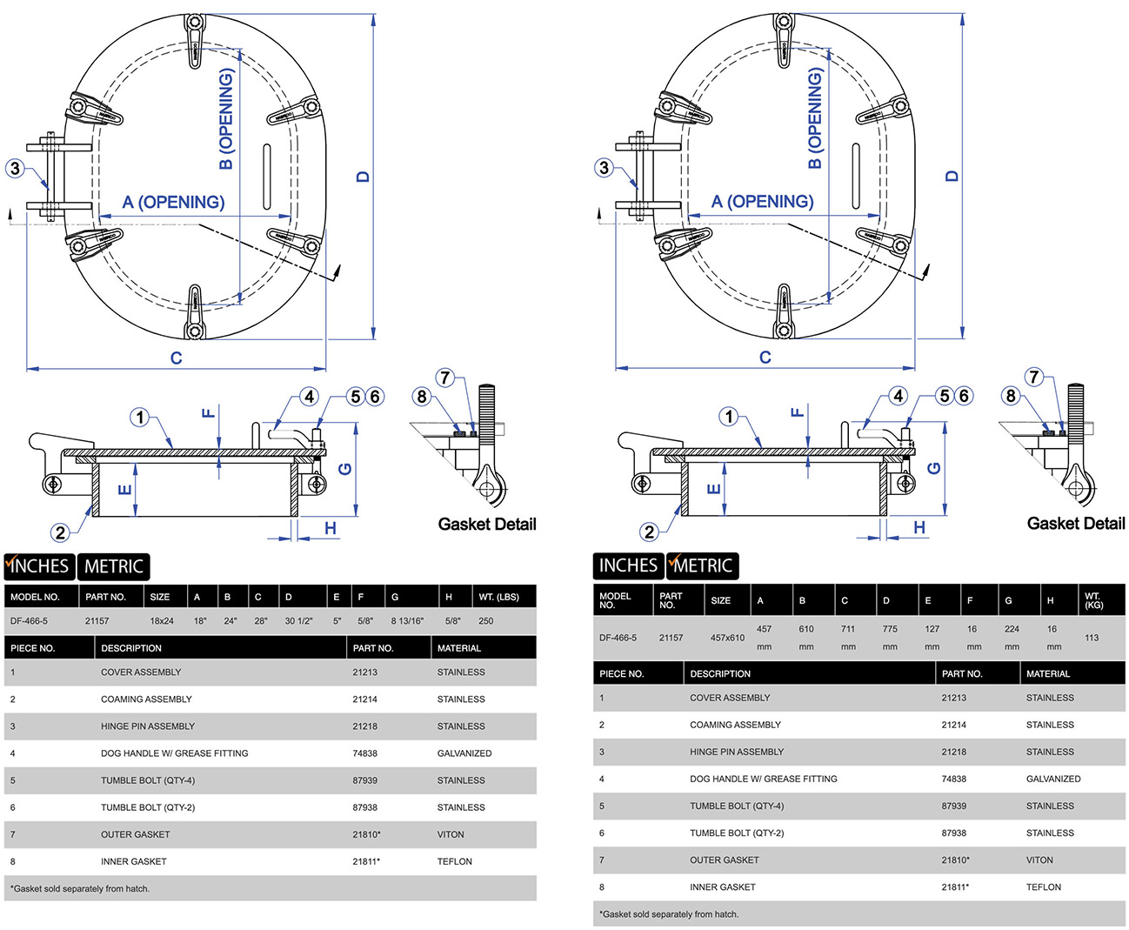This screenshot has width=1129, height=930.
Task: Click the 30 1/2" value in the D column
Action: pyautogui.click(x=298, y=621)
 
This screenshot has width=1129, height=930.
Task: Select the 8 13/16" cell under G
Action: pyautogui.click(x=407, y=621)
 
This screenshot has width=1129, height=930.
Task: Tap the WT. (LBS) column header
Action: pyautogui.click(x=498, y=597)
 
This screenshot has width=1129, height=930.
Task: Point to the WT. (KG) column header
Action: pyautogui.click(x=1093, y=600)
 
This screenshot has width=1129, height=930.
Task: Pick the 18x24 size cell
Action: pyautogui.click(x=162, y=621)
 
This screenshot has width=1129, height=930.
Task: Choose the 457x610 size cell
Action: pyautogui.click(x=727, y=638)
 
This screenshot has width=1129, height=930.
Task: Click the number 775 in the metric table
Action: pyautogui.click(x=890, y=629)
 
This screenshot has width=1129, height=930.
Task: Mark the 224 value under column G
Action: pyautogui.click(x=1012, y=629)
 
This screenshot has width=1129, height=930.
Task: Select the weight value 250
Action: pyautogui.click(x=485, y=621)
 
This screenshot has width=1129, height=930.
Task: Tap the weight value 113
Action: pyautogui.click(x=1092, y=638)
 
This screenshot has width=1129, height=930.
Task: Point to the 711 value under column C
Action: pyautogui.click(x=848, y=629)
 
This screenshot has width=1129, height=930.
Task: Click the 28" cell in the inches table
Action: pyautogui.click(x=261, y=621)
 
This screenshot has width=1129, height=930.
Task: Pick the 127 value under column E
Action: pyautogui.click(x=932, y=629)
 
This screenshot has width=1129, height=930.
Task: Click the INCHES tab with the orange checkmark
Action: pyautogui.click(x=39, y=566)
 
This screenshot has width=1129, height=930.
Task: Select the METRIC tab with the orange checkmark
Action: pyautogui.click(x=703, y=565)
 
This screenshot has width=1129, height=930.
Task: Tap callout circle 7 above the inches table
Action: pyautogui.click(x=445, y=378)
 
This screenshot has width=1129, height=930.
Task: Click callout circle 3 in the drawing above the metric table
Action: pyautogui.click(x=605, y=168)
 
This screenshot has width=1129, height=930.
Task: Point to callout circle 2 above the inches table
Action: pyautogui.click(x=60, y=532)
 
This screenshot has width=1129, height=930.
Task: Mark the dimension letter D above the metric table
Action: pyautogui.click(x=952, y=176)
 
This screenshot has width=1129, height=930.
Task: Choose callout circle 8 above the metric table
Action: pyautogui.click(x=1011, y=396)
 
